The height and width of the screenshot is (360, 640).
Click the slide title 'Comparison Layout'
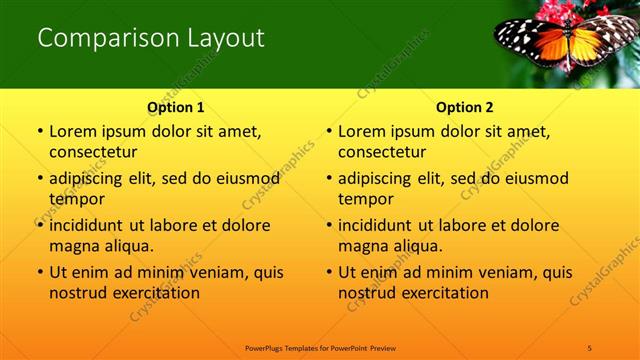click(x=151, y=39)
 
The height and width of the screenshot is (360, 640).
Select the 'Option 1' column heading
click(x=176, y=107)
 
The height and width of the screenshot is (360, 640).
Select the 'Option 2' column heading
click(x=465, y=107)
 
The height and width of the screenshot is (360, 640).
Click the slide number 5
click(x=590, y=347)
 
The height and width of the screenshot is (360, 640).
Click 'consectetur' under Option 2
click(x=382, y=152)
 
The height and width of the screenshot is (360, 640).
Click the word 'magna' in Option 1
click(x=74, y=246)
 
